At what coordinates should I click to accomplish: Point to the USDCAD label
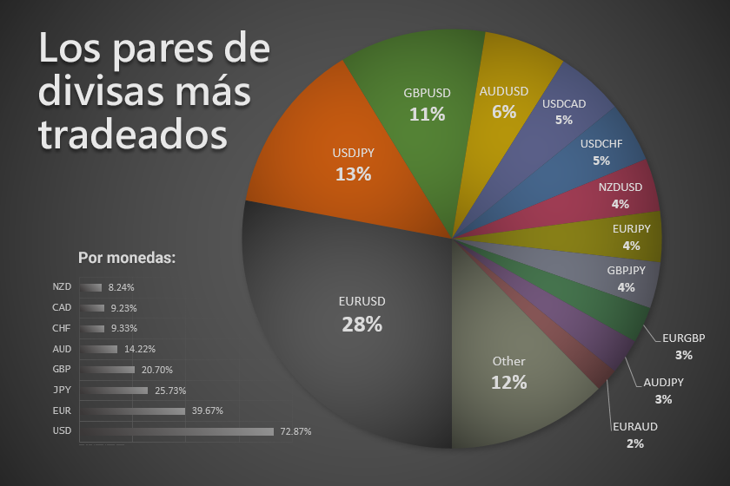coord(564,104)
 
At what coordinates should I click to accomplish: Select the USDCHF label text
coord(601,143)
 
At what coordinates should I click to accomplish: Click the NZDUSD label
coord(620,187)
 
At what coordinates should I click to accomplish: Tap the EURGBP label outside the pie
coord(683,338)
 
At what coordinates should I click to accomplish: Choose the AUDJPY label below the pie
coord(664,382)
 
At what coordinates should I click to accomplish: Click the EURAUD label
coord(634,427)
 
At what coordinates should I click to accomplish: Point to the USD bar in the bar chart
coord(177,431)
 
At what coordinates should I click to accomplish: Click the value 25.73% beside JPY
coord(170,391)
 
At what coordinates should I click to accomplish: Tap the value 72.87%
coord(295,431)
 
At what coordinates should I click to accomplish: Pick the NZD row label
coord(62,286)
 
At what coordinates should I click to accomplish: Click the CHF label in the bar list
coord(62,328)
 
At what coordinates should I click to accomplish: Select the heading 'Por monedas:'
coord(127,258)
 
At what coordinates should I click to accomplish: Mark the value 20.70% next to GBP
coord(157,370)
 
